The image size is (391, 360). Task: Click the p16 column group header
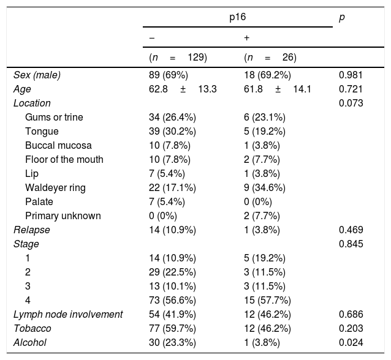(x=236, y=18)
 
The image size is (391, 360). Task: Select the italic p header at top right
(x=341, y=18)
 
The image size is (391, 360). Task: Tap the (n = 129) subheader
(x=178, y=58)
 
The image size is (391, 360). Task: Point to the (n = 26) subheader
(x=270, y=58)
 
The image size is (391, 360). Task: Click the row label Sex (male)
(x=39, y=75)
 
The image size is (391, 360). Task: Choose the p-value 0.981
(x=351, y=75)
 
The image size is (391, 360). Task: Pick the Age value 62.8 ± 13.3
(x=182, y=89)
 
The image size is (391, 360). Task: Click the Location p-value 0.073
(x=351, y=103)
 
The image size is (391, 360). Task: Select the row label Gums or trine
(x=54, y=117)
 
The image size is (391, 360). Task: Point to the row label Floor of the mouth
(x=64, y=159)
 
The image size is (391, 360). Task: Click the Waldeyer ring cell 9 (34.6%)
(x=264, y=187)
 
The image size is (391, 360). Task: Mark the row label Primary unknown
(x=63, y=216)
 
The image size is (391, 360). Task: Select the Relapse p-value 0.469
(x=351, y=230)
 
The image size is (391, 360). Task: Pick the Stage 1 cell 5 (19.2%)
(x=264, y=258)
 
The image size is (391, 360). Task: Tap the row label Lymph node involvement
(x=68, y=314)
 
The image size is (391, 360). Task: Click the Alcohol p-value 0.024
(x=351, y=342)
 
